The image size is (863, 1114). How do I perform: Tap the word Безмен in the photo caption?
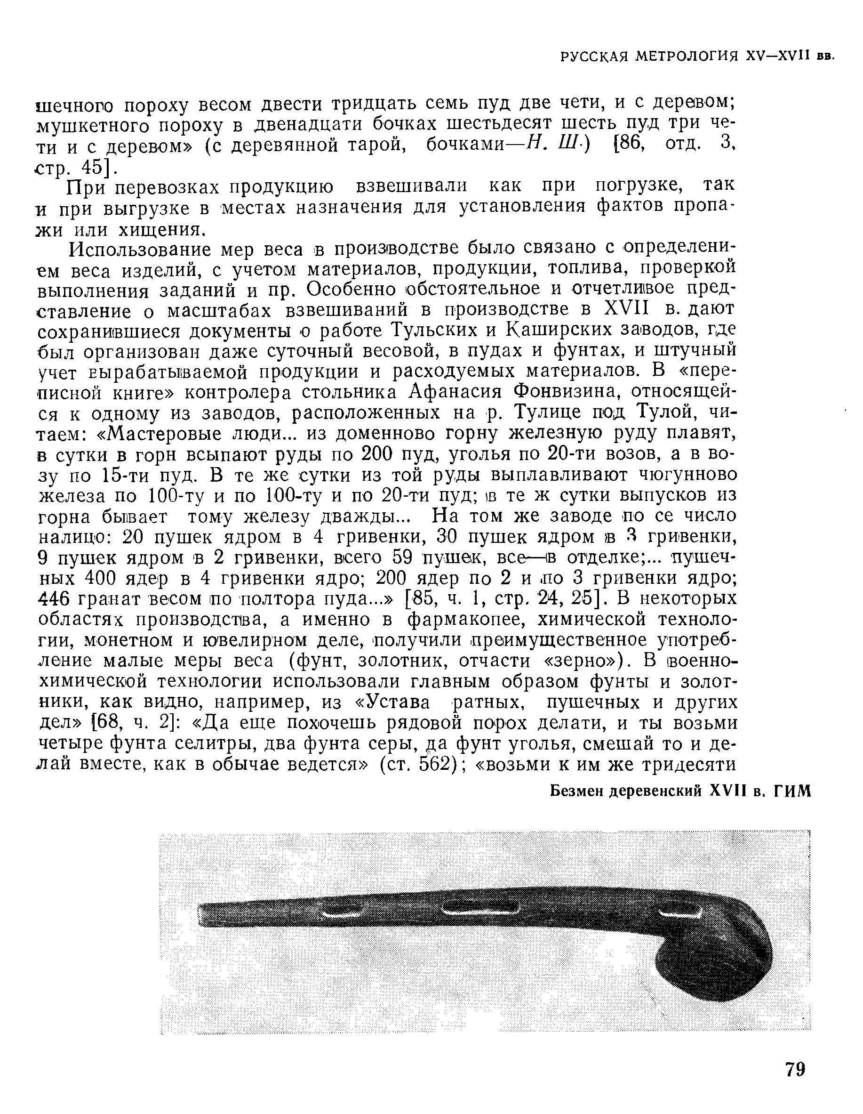576,791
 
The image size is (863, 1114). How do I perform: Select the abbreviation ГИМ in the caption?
792,791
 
